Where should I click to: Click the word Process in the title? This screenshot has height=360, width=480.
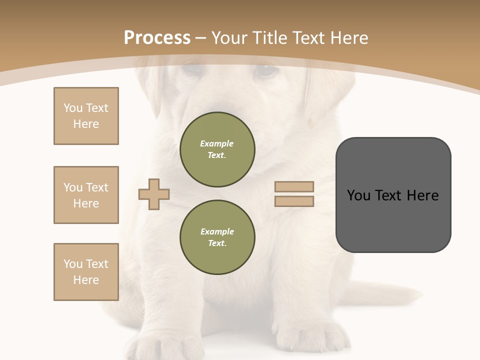coord(157,38)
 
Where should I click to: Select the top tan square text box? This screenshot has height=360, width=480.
coord(86,116)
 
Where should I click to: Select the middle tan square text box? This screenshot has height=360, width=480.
coord(86,195)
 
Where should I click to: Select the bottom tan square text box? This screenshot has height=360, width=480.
coord(86,272)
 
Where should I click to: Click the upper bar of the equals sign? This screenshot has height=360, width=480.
coord(294,186)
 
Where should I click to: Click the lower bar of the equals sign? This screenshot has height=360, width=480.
coord(294,201)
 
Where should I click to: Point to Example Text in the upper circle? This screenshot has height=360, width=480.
coord(217,149)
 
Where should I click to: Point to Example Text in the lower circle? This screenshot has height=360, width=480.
coord(217,237)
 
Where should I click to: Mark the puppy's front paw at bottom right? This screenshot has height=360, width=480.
coord(310,335)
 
